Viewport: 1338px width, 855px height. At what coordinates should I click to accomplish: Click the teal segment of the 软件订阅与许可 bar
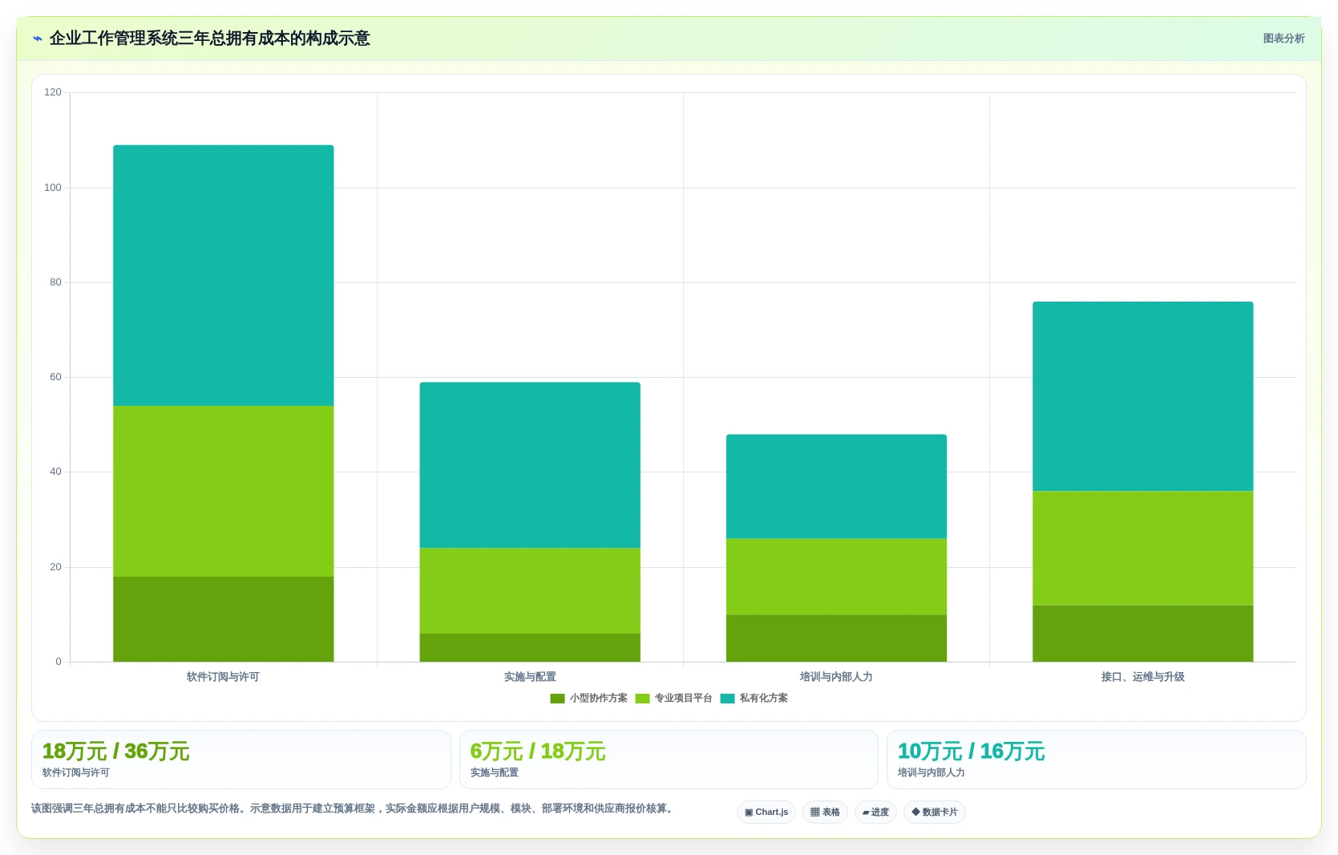pos(224,275)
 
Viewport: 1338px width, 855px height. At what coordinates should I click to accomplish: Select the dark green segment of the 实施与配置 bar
pos(530,648)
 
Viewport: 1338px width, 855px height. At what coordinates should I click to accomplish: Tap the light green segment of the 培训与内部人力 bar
pos(836,577)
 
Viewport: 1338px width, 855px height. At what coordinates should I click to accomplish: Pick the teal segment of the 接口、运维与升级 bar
pos(1142,396)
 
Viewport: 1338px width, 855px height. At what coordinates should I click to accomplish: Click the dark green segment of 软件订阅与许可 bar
pos(224,619)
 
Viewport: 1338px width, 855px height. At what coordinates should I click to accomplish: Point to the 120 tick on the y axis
pos(53,92)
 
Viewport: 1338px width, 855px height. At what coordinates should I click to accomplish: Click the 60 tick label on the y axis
pos(55,377)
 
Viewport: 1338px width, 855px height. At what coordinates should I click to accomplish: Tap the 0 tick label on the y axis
pos(59,662)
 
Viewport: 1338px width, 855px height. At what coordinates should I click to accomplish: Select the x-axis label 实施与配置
pos(530,677)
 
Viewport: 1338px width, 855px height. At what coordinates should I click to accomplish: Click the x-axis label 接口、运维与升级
pos(1142,677)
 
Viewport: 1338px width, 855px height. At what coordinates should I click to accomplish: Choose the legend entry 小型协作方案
pos(588,699)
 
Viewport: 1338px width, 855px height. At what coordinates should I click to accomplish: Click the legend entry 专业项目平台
pos(673,699)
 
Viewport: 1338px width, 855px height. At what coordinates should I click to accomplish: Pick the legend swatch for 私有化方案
pos(728,699)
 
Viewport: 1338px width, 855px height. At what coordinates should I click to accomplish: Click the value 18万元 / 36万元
pos(116,752)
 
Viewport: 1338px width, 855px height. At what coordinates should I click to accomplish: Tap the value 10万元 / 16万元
pos(972,752)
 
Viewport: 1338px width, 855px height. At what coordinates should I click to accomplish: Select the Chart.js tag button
pos(766,812)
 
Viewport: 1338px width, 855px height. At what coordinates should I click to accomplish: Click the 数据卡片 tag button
pos(935,812)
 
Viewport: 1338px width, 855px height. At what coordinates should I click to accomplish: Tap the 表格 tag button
pos(825,812)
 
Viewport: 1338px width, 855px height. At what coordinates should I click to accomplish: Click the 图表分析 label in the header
pos(1283,38)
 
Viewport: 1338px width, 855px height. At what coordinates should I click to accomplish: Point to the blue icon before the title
pos(38,38)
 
